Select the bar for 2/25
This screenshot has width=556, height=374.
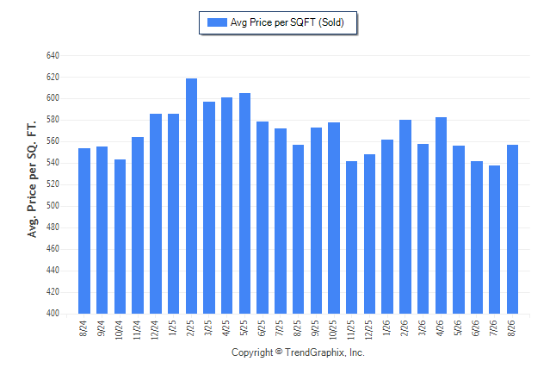[191, 196]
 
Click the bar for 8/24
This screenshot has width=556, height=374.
[84, 231]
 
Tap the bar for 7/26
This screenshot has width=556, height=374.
[494, 240]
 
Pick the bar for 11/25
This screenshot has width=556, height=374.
[351, 238]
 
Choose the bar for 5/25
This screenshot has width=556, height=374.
[244, 203]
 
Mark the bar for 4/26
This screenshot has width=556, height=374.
[441, 215]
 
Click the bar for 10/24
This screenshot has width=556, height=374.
[120, 236]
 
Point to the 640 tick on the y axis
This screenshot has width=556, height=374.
[53, 55]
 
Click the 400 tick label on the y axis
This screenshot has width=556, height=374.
[53, 314]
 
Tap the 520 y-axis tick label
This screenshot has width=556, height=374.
[53, 184]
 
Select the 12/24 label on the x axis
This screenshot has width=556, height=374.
[155, 330]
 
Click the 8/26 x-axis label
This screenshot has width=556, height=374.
[512, 328]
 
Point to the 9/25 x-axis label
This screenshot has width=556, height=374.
[316, 328]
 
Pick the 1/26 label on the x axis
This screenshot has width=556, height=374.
[386, 328]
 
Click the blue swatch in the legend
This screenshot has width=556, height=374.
[217, 22]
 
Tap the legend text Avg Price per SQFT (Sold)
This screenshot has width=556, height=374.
[287, 22]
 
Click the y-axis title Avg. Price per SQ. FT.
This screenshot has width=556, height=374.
[32, 179]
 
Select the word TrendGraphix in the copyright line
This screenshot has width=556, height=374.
[315, 352]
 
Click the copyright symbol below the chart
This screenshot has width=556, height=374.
[279, 352]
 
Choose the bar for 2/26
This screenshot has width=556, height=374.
[405, 217]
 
